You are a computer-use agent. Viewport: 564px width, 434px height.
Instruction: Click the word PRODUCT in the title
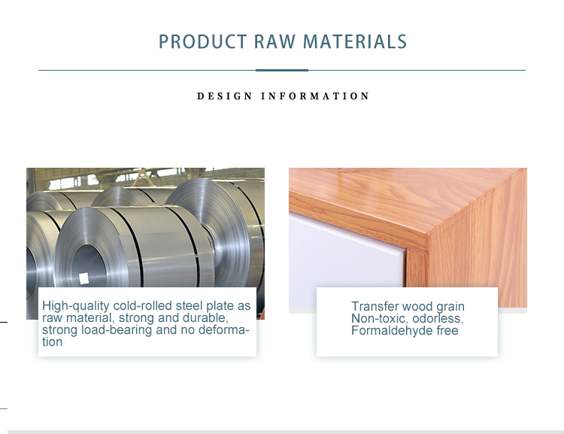point(202,41)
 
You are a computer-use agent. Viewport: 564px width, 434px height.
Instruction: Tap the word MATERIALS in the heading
point(355,41)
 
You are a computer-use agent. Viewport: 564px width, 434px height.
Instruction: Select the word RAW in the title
point(274,41)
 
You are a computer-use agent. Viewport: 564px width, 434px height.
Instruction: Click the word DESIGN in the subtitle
point(224,96)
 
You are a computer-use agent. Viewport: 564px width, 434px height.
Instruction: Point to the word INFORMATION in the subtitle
point(315,96)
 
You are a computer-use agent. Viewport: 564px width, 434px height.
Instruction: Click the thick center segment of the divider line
point(282,70)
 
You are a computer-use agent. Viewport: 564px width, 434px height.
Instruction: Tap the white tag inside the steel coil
point(83,278)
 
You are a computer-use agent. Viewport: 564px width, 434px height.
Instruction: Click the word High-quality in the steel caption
point(75,306)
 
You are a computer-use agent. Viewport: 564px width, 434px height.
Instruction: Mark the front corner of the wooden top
point(428,235)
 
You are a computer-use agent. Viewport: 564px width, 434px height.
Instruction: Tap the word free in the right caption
point(447,330)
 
